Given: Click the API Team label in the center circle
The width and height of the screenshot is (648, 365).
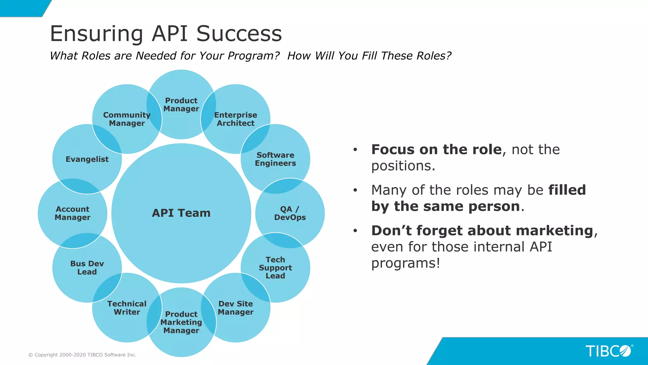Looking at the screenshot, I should click(x=181, y=213).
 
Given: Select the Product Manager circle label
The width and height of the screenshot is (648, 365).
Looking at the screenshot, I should click(x=181, y=105).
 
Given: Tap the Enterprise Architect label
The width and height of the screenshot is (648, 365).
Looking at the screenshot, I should click(x=235, y=119).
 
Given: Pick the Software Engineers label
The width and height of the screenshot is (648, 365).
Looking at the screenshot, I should click(x=275, y=159).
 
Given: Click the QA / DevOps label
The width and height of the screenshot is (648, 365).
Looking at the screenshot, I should click(x=290, y=213).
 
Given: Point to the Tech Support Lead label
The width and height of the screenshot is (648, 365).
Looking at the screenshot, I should click(x=275, y=268).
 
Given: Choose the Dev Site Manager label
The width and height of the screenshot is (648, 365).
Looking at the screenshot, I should click(x=235, y=308).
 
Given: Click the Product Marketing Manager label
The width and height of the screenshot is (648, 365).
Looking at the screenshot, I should click(x=181, y=322).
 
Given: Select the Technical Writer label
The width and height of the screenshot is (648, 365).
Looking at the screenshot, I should click(x=127, y=308).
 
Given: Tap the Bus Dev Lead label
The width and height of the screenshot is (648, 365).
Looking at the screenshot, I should click(x=87, y=268).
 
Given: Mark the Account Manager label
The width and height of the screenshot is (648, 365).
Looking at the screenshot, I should click(x=72, y=213).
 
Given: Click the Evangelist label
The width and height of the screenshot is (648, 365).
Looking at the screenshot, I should click(x=87, y=159).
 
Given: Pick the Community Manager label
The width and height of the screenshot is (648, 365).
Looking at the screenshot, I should click(x=127, y=119).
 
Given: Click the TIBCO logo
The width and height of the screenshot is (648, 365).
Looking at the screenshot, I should click(x=608, y=351).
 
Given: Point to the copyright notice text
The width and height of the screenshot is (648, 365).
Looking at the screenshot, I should click(x=82, y=355).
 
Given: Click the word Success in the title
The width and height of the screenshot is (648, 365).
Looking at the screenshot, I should click(x=239, y=34).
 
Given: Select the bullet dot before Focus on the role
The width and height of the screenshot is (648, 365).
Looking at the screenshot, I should click(x=355, y=150).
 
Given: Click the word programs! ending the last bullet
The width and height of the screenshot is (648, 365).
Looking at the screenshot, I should click(x=406, y=263).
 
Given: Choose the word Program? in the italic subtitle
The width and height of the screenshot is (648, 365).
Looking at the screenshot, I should click(x=253, y=56).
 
